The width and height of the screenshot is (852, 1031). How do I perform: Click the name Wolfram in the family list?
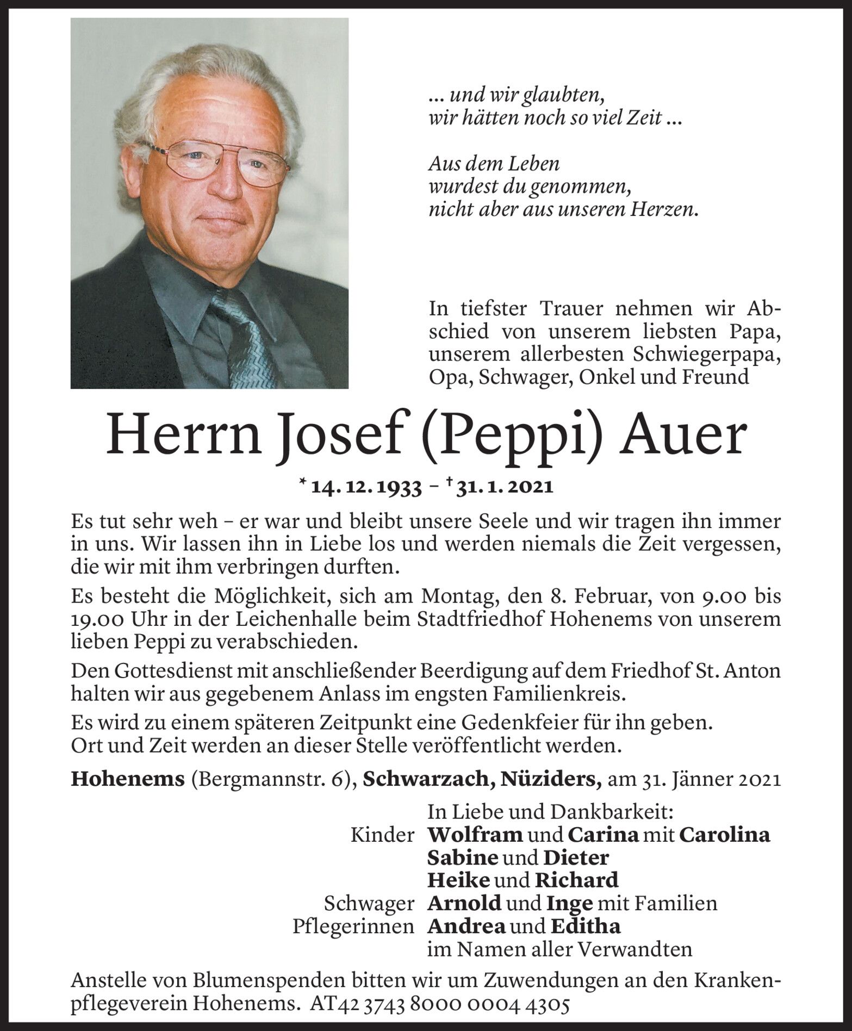pos(475,835)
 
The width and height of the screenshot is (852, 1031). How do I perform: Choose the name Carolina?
pos(725,835)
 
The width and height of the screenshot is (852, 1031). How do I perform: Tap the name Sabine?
pos(463,858)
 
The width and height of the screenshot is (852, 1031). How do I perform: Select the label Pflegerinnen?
pos(353,927)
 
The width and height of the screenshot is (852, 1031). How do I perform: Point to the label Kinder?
pos(383,835)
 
